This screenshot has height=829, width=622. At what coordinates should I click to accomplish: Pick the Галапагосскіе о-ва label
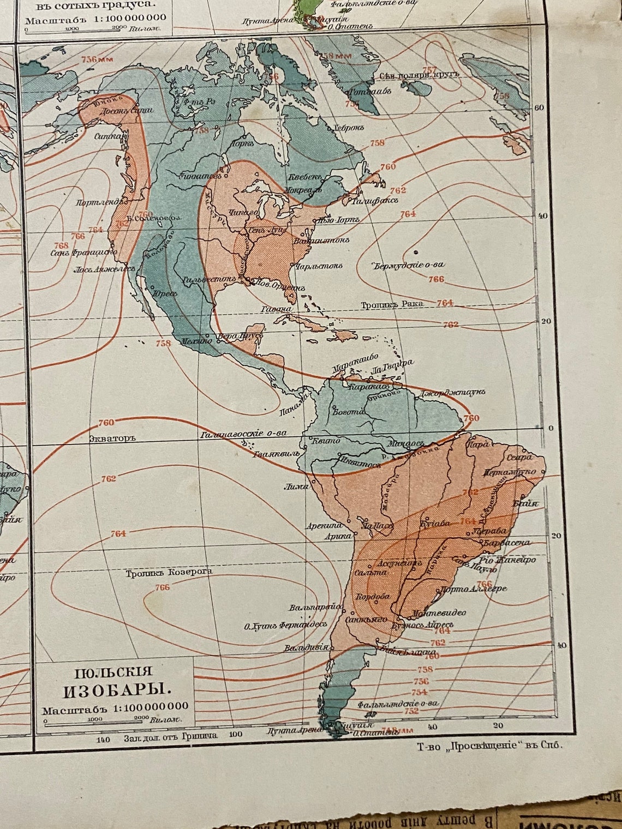(x=243, y=434)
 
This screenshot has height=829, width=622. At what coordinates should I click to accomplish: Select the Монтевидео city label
(x=440, y=612)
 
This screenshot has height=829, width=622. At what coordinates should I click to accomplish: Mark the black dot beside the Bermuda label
(x=416, y=252)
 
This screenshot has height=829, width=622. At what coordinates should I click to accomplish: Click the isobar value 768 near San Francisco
(x=62, y=245)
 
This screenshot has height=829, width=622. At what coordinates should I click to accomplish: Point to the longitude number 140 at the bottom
(x=103, y=740)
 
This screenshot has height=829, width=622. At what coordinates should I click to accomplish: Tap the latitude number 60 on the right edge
(x=539, y=107)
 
